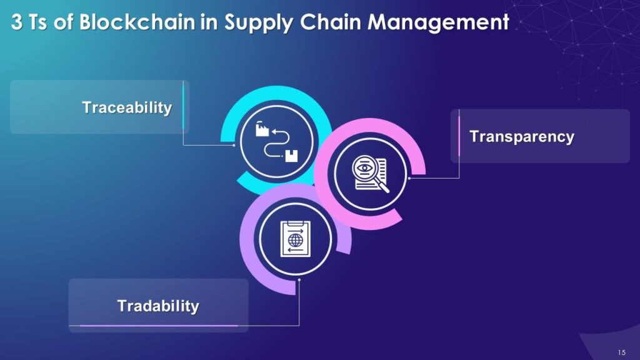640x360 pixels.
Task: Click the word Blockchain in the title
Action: point(137,22)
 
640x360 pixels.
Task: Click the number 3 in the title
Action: point(17,22)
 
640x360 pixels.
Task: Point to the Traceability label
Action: point(127,107)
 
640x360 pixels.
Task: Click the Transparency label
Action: point(522,137)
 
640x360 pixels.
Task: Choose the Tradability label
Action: point(158,306)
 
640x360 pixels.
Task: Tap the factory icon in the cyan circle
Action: point(262,129)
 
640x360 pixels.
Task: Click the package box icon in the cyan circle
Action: point(291,156)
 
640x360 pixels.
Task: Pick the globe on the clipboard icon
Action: point(296,240)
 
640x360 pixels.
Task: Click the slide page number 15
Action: point(621,352)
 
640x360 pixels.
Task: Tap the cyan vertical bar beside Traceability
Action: point(183,106)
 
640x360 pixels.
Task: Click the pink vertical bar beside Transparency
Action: point(459,136)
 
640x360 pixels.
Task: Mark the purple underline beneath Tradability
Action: point(159,326)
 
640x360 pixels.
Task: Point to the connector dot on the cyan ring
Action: point(234,145)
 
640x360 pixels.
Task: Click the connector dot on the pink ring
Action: point(409,178)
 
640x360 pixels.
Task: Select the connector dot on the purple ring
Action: point(299,280)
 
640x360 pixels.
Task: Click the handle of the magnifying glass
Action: point(383,187)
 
